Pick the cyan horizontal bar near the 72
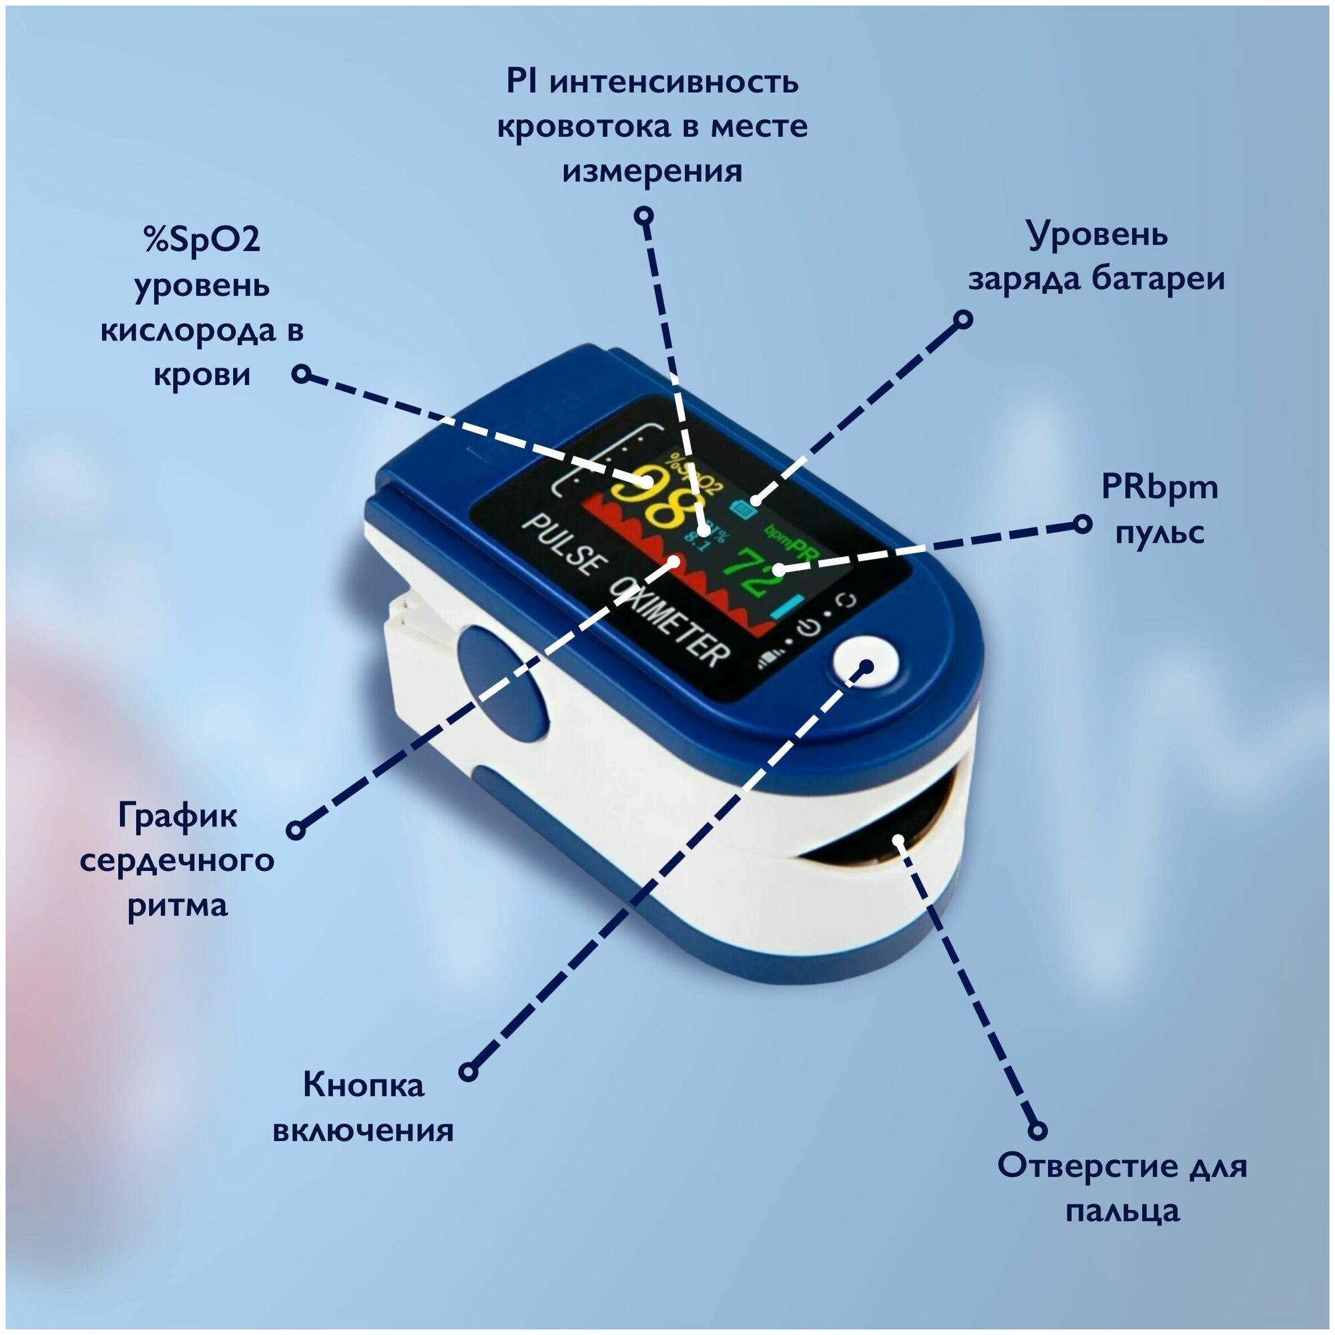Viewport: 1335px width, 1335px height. pos(788,607)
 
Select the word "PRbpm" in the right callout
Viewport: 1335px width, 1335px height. pos(1159,488)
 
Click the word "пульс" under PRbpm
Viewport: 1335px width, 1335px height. pos(1160,532)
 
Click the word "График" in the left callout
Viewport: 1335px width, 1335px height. pos(178,816)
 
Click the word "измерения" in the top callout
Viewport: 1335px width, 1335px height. pos(652,171)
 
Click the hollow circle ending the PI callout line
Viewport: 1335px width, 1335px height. pos(644,216)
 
